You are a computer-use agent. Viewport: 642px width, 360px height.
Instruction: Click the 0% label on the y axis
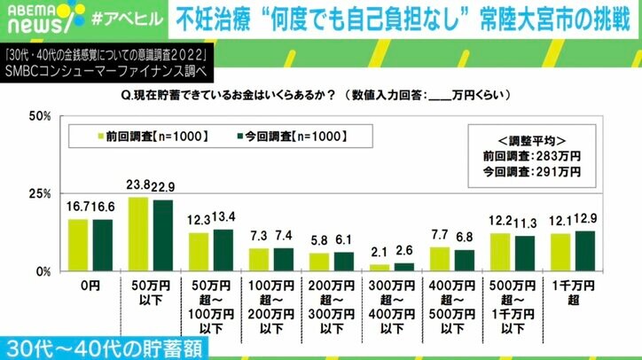click(x=41, y=270)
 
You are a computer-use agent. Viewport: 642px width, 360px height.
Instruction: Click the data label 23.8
click(x=138, y=187)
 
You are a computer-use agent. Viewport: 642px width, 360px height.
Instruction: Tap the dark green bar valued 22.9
click(x=161, y=235)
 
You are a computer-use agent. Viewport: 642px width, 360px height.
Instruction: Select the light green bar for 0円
click(x=78, y=245)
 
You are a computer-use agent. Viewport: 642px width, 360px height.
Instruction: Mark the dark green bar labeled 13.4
click(x=222, y=250)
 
